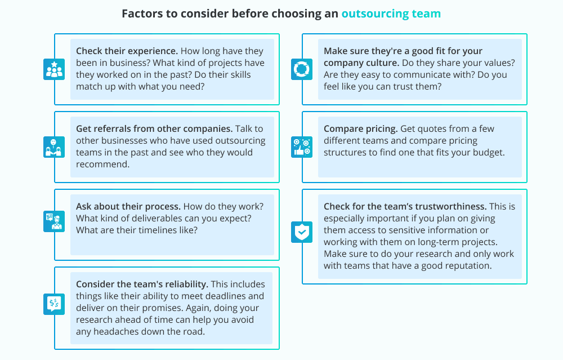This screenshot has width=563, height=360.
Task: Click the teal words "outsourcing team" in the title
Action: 391,14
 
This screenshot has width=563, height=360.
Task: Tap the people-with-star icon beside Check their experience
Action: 54,69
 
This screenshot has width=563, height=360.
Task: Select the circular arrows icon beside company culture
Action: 302,69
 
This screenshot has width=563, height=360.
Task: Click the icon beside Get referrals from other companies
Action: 54,147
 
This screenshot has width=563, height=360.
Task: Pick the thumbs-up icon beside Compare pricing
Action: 302,147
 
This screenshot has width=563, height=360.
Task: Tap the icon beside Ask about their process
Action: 54,221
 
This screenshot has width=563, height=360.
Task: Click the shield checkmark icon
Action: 302,232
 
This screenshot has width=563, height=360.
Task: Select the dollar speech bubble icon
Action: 54,304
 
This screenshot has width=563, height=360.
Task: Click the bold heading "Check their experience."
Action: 127,51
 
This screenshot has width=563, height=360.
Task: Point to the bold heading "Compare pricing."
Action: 360,128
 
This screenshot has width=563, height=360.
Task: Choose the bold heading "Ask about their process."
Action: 128,206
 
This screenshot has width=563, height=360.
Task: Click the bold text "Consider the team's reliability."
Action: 142,284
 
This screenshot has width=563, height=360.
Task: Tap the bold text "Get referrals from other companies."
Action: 154,128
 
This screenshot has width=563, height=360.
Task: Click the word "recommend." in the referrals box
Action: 102,164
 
